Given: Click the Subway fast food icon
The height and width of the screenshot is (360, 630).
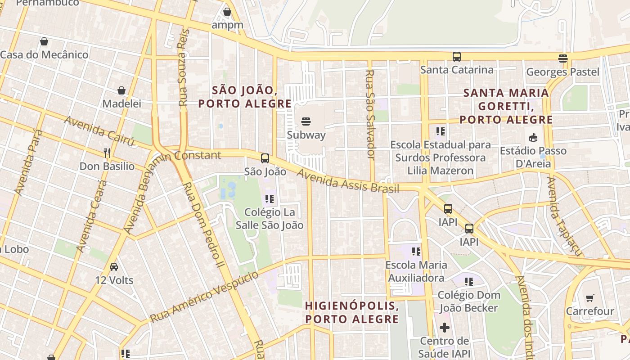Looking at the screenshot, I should point(306,121).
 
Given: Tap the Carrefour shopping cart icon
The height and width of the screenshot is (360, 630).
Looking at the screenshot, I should point(589,298).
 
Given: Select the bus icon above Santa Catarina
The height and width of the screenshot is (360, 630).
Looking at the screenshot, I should point(457,57).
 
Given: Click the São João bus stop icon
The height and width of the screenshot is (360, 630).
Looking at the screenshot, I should point(265,158).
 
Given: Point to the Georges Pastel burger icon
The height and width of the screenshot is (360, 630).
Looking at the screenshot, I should point(562,58).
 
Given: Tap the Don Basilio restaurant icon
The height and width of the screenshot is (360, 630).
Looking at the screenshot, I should point(107,153).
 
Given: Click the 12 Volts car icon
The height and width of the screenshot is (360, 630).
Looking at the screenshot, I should point(114,267).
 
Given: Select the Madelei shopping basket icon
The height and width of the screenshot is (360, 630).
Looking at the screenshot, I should point(121,90).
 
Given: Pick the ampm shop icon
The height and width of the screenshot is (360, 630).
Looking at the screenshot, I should point(227,12).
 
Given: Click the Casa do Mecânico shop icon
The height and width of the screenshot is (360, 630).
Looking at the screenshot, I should point(44,41).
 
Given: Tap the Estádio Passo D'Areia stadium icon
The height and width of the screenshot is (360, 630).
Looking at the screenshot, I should point(533,137).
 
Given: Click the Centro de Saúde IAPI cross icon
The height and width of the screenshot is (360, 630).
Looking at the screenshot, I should point(445,328).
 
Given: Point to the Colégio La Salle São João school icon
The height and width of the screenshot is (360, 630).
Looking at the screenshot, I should point(270,198).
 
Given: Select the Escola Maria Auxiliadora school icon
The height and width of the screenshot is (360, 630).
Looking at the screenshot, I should point(416,251).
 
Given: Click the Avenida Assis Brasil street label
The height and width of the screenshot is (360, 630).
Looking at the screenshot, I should point(342,180).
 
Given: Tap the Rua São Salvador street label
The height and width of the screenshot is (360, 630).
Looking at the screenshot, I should point(370,114).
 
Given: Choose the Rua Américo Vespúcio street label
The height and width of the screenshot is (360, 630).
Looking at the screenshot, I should point(204,297).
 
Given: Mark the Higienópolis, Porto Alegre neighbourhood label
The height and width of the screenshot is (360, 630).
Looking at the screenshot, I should point(351,312).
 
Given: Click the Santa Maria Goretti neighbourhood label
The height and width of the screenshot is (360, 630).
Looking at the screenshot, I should point(506,106).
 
